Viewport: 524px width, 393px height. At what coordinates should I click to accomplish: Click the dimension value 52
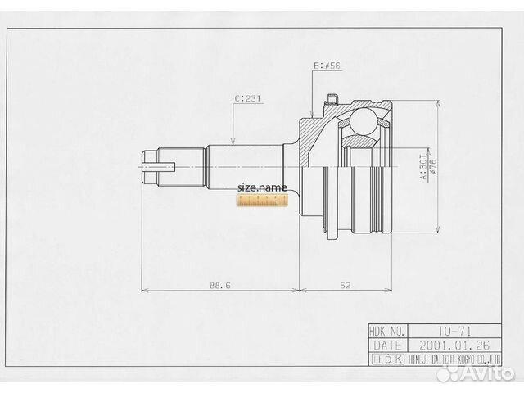[x=346, y=285]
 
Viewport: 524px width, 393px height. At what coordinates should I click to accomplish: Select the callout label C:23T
[x=247, y=99]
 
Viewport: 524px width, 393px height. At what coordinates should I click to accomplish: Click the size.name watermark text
[x=262, y=187]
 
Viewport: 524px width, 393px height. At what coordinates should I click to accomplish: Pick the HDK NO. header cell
[x=387, y=331]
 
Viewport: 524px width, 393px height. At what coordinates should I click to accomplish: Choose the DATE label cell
[x=387, y=345]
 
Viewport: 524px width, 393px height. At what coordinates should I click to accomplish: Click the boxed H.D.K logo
[x=387, y=359]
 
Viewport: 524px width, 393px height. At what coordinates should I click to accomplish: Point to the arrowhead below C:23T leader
[x=234, y=142]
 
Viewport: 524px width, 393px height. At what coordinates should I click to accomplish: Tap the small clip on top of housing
[x=331, y=102]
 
